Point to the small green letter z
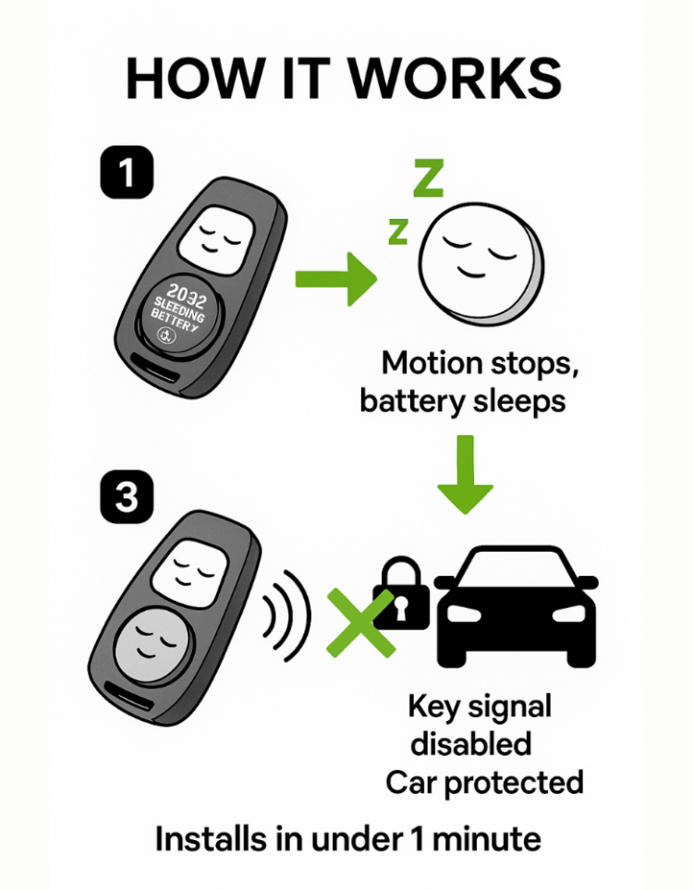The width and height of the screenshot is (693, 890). click(x=397, y=231)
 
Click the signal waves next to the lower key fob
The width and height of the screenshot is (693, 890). click(x=285, y=615)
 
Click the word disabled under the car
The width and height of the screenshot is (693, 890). click(x=471, y=744)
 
